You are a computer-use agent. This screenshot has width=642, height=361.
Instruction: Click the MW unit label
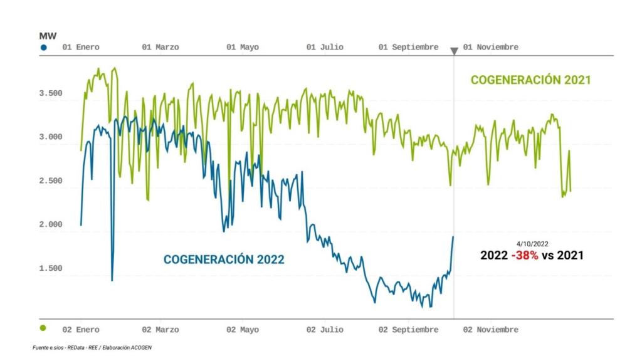(x=48, y=36)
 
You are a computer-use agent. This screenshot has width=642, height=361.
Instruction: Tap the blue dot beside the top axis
(x=43, y=48)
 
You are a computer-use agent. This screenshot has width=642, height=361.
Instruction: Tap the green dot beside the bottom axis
(x=43, y=328)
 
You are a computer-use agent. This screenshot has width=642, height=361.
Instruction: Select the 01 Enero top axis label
(x=81, y=48)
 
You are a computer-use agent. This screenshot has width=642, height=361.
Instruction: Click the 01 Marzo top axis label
(x=160, y=48)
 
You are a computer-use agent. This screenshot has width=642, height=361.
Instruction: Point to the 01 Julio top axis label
(x=325, y=48)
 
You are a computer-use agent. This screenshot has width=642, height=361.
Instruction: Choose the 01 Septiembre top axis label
(x=409, y=48)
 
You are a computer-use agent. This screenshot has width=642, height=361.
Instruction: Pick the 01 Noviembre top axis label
(x=491, y=48)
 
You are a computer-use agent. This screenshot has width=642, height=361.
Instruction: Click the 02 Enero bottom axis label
(x=81, y=330)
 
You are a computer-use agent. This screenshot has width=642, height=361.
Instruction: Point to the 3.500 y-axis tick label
(x=51, y=93)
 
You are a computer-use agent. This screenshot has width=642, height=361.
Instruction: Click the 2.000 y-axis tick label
(x=51, y=224)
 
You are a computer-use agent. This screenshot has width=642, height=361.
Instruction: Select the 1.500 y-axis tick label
(x=51, y=268)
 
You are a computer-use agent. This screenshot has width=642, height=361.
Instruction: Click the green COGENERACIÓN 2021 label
(x=530, y=80)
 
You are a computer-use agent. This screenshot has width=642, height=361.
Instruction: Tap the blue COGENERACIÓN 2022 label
(x=224, y=259)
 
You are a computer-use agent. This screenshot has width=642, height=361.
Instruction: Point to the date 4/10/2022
(x=532, y=243)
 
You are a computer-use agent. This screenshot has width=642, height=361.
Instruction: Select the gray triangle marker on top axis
(x=454, y=51)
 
